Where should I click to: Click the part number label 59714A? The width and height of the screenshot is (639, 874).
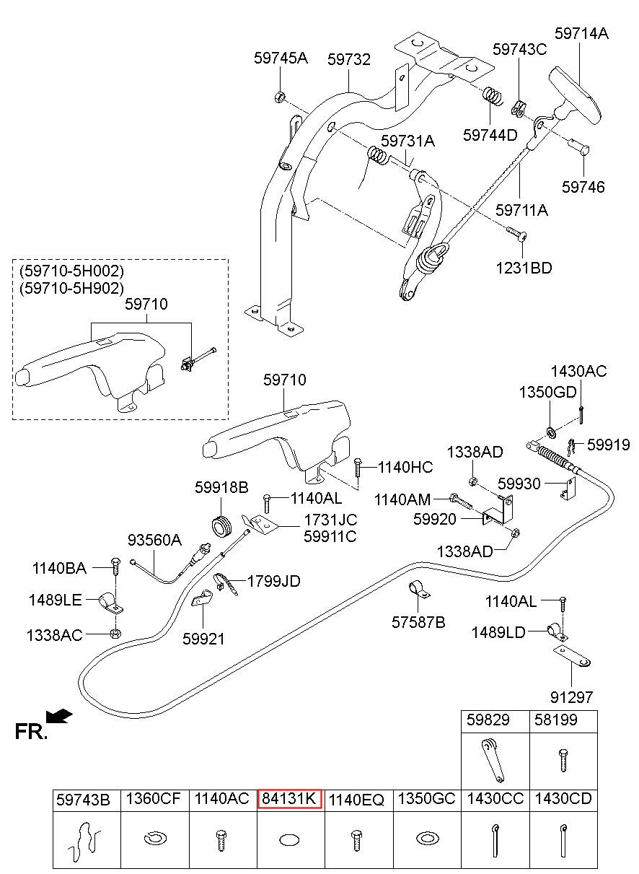(581, 33)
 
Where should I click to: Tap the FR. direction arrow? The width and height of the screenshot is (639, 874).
(59, 715)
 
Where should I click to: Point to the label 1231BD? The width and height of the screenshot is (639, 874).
(523, 268)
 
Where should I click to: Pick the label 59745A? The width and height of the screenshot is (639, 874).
(281, 58)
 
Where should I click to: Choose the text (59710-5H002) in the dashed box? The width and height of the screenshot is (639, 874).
(71, 271)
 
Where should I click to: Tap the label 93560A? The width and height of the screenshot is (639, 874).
(155, 540)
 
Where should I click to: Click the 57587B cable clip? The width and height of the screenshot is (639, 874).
(417, 590)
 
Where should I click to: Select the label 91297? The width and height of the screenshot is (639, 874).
(570, 697)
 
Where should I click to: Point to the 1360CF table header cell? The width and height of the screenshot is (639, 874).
(153, 799)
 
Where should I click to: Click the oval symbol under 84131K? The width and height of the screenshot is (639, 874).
(288, 839)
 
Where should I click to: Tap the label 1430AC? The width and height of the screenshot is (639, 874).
(578, 372)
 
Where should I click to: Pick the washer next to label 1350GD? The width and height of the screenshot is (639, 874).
(550, 432)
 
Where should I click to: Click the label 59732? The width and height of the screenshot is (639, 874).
(349, 60)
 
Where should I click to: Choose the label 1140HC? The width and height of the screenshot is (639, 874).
(406, 468)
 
